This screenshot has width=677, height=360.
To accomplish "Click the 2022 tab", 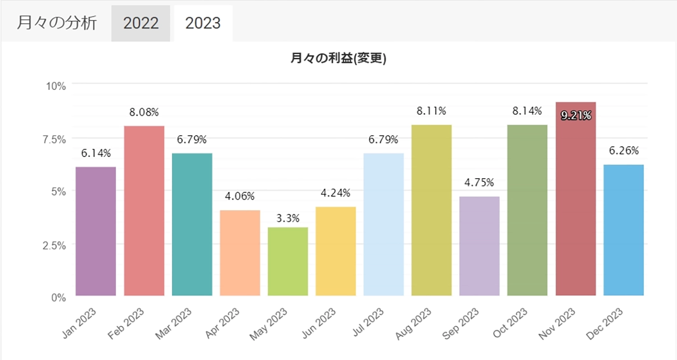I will click(141, 23).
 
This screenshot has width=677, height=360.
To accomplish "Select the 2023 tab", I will click(203, 23).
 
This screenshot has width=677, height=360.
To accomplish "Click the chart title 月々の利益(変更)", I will click(338, 59).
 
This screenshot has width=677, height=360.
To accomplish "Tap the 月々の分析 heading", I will click(56, 23).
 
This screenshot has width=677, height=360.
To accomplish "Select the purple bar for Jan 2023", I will click(96, 231).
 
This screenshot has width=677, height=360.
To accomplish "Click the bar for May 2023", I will click(287, 261).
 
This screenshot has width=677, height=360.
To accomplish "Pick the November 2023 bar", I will click(575, 198).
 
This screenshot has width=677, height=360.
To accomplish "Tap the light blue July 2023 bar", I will click(384, 224).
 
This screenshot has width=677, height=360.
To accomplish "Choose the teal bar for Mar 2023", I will click(192, 224).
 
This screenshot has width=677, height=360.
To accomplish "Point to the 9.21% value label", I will click(575, 116).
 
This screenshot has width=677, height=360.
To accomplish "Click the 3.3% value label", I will click(287, 219).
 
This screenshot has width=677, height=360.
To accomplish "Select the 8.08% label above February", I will click(144, 112).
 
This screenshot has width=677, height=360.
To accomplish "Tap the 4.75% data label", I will click(479, 183).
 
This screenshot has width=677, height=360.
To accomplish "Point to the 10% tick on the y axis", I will click(56, 86).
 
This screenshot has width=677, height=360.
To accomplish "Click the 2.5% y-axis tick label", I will click(53, 245).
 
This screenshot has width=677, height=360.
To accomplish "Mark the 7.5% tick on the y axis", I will click(53, 139).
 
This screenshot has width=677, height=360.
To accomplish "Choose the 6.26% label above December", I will click(623, 151).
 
